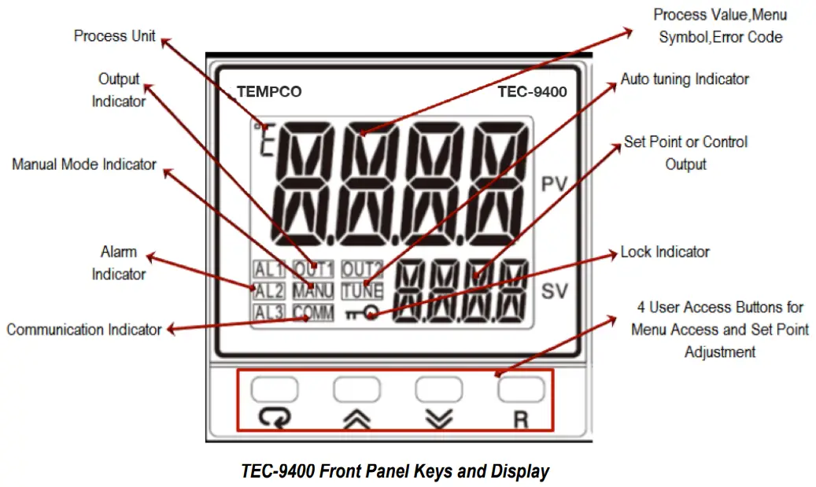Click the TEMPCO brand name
269,92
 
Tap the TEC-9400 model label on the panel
532,92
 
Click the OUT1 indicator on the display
313,269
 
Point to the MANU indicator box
313,290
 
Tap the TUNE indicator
362,290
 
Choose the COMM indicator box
313,312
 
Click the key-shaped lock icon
361,314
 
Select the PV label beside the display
556,185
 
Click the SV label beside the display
555,293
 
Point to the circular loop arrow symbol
275,419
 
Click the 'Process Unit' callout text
115,36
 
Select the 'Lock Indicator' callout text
665,252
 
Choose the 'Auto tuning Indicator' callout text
685,79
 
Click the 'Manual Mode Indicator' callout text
84,164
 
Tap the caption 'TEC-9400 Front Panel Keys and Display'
395,471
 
